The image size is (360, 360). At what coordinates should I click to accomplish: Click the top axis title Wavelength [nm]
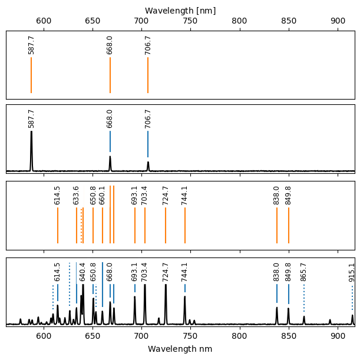coord(180,11)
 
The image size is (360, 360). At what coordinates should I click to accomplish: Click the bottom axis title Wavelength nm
coord(180,349)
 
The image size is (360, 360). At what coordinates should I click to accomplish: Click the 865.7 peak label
coord(304,272)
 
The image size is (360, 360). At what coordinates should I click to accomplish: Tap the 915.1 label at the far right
coord(352,272)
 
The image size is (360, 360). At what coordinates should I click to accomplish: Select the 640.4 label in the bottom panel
coord(83,272)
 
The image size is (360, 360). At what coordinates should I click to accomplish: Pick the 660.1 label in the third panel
coord(103,196)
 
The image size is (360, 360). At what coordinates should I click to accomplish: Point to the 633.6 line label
coord(77,196)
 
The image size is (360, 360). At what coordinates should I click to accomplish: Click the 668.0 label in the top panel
coord(110,45)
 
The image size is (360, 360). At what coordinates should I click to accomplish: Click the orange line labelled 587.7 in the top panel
coord(31,75)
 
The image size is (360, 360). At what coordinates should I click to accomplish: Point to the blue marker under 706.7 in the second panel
coord(148,144)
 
